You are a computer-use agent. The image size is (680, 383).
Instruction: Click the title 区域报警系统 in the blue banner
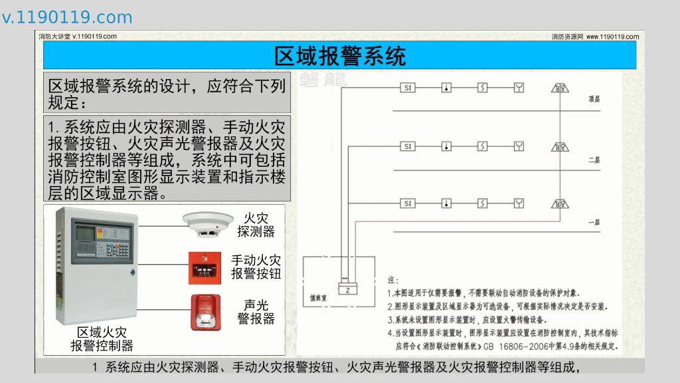(x=339, y=56)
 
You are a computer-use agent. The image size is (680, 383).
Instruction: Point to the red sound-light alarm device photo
(x=207, y=312)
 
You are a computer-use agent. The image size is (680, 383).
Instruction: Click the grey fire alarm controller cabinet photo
(x=97, y=265)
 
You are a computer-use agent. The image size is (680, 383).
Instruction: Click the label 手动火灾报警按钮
(x=256, y=267)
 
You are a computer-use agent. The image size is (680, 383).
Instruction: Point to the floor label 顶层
(x=594, y=99)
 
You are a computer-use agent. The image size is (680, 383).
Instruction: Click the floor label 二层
(x=594, y=160)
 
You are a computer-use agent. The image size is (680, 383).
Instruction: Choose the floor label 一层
(x=594, y=222)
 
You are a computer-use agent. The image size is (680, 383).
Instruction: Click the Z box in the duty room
(x=348, y=289)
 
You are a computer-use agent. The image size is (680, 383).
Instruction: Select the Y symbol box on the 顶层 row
(x=519, y=88)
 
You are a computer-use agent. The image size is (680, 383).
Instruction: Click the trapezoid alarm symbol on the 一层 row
(x=560, y=203)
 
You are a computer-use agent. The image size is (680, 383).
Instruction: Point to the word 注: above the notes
(x=392, y=280)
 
